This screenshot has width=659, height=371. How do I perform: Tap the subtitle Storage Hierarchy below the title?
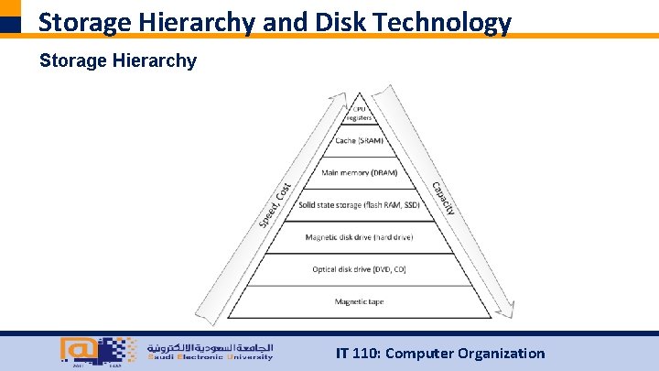click(x=118, y=61)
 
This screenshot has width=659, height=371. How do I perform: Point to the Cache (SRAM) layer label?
click(x=359, y=141)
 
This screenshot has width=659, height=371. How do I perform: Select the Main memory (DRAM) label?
click(x=359, y=172)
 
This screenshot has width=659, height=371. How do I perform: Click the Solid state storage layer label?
click(x=359, y=204)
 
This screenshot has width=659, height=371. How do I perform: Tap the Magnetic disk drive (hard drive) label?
click(x=359, y=237)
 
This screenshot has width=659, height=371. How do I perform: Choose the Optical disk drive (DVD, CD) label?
click(x=359, y=269)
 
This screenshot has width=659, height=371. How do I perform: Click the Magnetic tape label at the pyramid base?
click(x=359, y=300)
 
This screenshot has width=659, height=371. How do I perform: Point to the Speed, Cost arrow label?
click(x=274, y=204)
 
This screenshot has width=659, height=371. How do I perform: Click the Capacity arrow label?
click(x=443, y=196)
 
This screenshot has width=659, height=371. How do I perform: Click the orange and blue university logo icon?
click(x=92, y=352)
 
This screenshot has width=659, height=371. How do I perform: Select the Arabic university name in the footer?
click(x=210, y=346)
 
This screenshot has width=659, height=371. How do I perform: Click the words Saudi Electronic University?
click(x=210, y=358)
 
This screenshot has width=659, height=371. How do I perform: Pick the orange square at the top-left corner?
click(x=9, y=9)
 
